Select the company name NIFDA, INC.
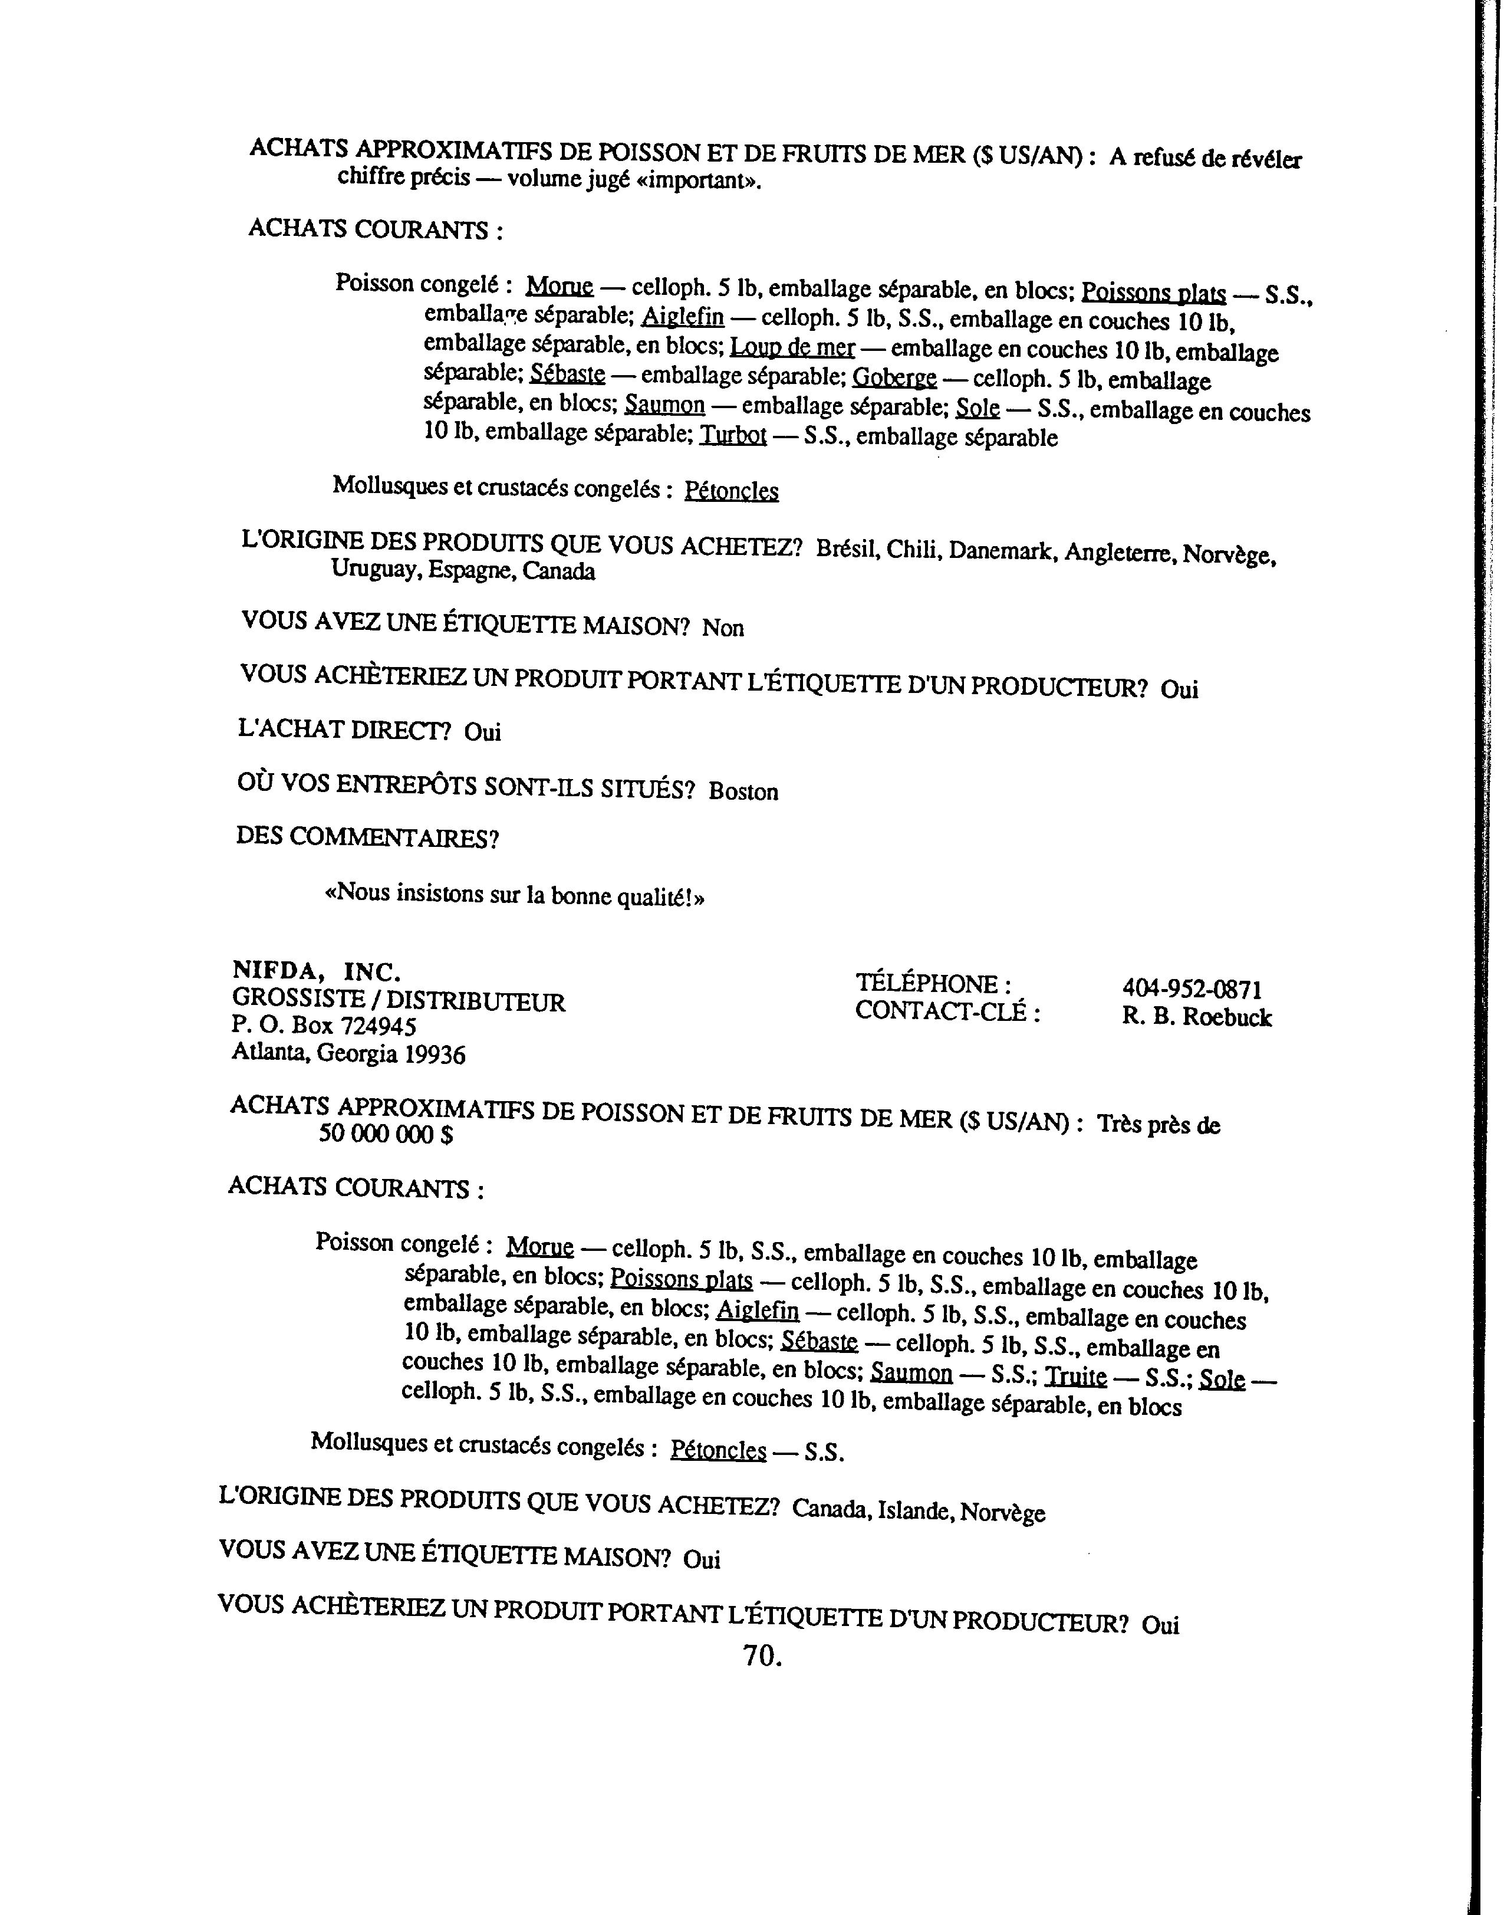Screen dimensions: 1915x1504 coord(317,971)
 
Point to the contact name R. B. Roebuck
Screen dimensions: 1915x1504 coord(1196,1017)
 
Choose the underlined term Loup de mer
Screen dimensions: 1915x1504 coord(792,348)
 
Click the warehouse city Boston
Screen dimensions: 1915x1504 coord(743,791)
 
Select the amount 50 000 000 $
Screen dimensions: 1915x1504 coord(386,1135)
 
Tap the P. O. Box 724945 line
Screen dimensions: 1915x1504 coord(324,1026)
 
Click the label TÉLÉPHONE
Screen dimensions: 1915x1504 coord(933,983)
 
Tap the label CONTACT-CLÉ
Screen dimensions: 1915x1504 coord(947,1011)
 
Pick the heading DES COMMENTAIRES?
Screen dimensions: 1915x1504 coord(367,837)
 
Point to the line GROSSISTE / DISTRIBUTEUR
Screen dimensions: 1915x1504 coord(398,1001)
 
